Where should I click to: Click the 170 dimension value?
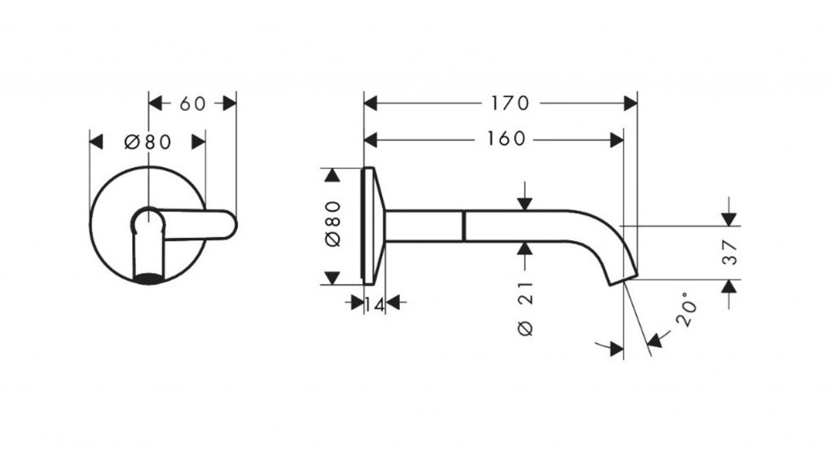[510, 103]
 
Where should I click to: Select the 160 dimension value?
[507, 139]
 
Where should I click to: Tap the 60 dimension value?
[192, 103]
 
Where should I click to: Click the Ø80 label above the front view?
[148, 142]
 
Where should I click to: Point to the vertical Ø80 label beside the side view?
[332, 224]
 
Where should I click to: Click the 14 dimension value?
[375, 305]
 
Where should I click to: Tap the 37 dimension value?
[731, 253]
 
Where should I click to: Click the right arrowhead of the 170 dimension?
[631, 103]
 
